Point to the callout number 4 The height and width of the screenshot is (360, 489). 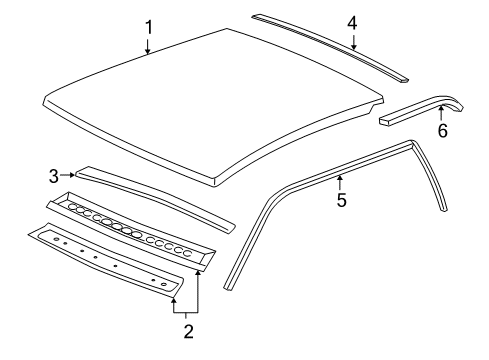point(352,22)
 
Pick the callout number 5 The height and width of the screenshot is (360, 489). point(341,200)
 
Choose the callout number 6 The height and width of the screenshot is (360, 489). point(442,130)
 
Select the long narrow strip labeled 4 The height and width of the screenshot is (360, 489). point(330,45)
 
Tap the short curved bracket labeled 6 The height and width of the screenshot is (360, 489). point(420,109)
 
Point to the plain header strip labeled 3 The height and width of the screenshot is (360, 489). point(150,195)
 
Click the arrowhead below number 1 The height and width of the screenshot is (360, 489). point(148,54)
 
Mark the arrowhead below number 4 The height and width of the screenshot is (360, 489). point(353,47)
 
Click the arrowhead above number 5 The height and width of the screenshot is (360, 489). point(341,177)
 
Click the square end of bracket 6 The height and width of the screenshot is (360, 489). point(385,119)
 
